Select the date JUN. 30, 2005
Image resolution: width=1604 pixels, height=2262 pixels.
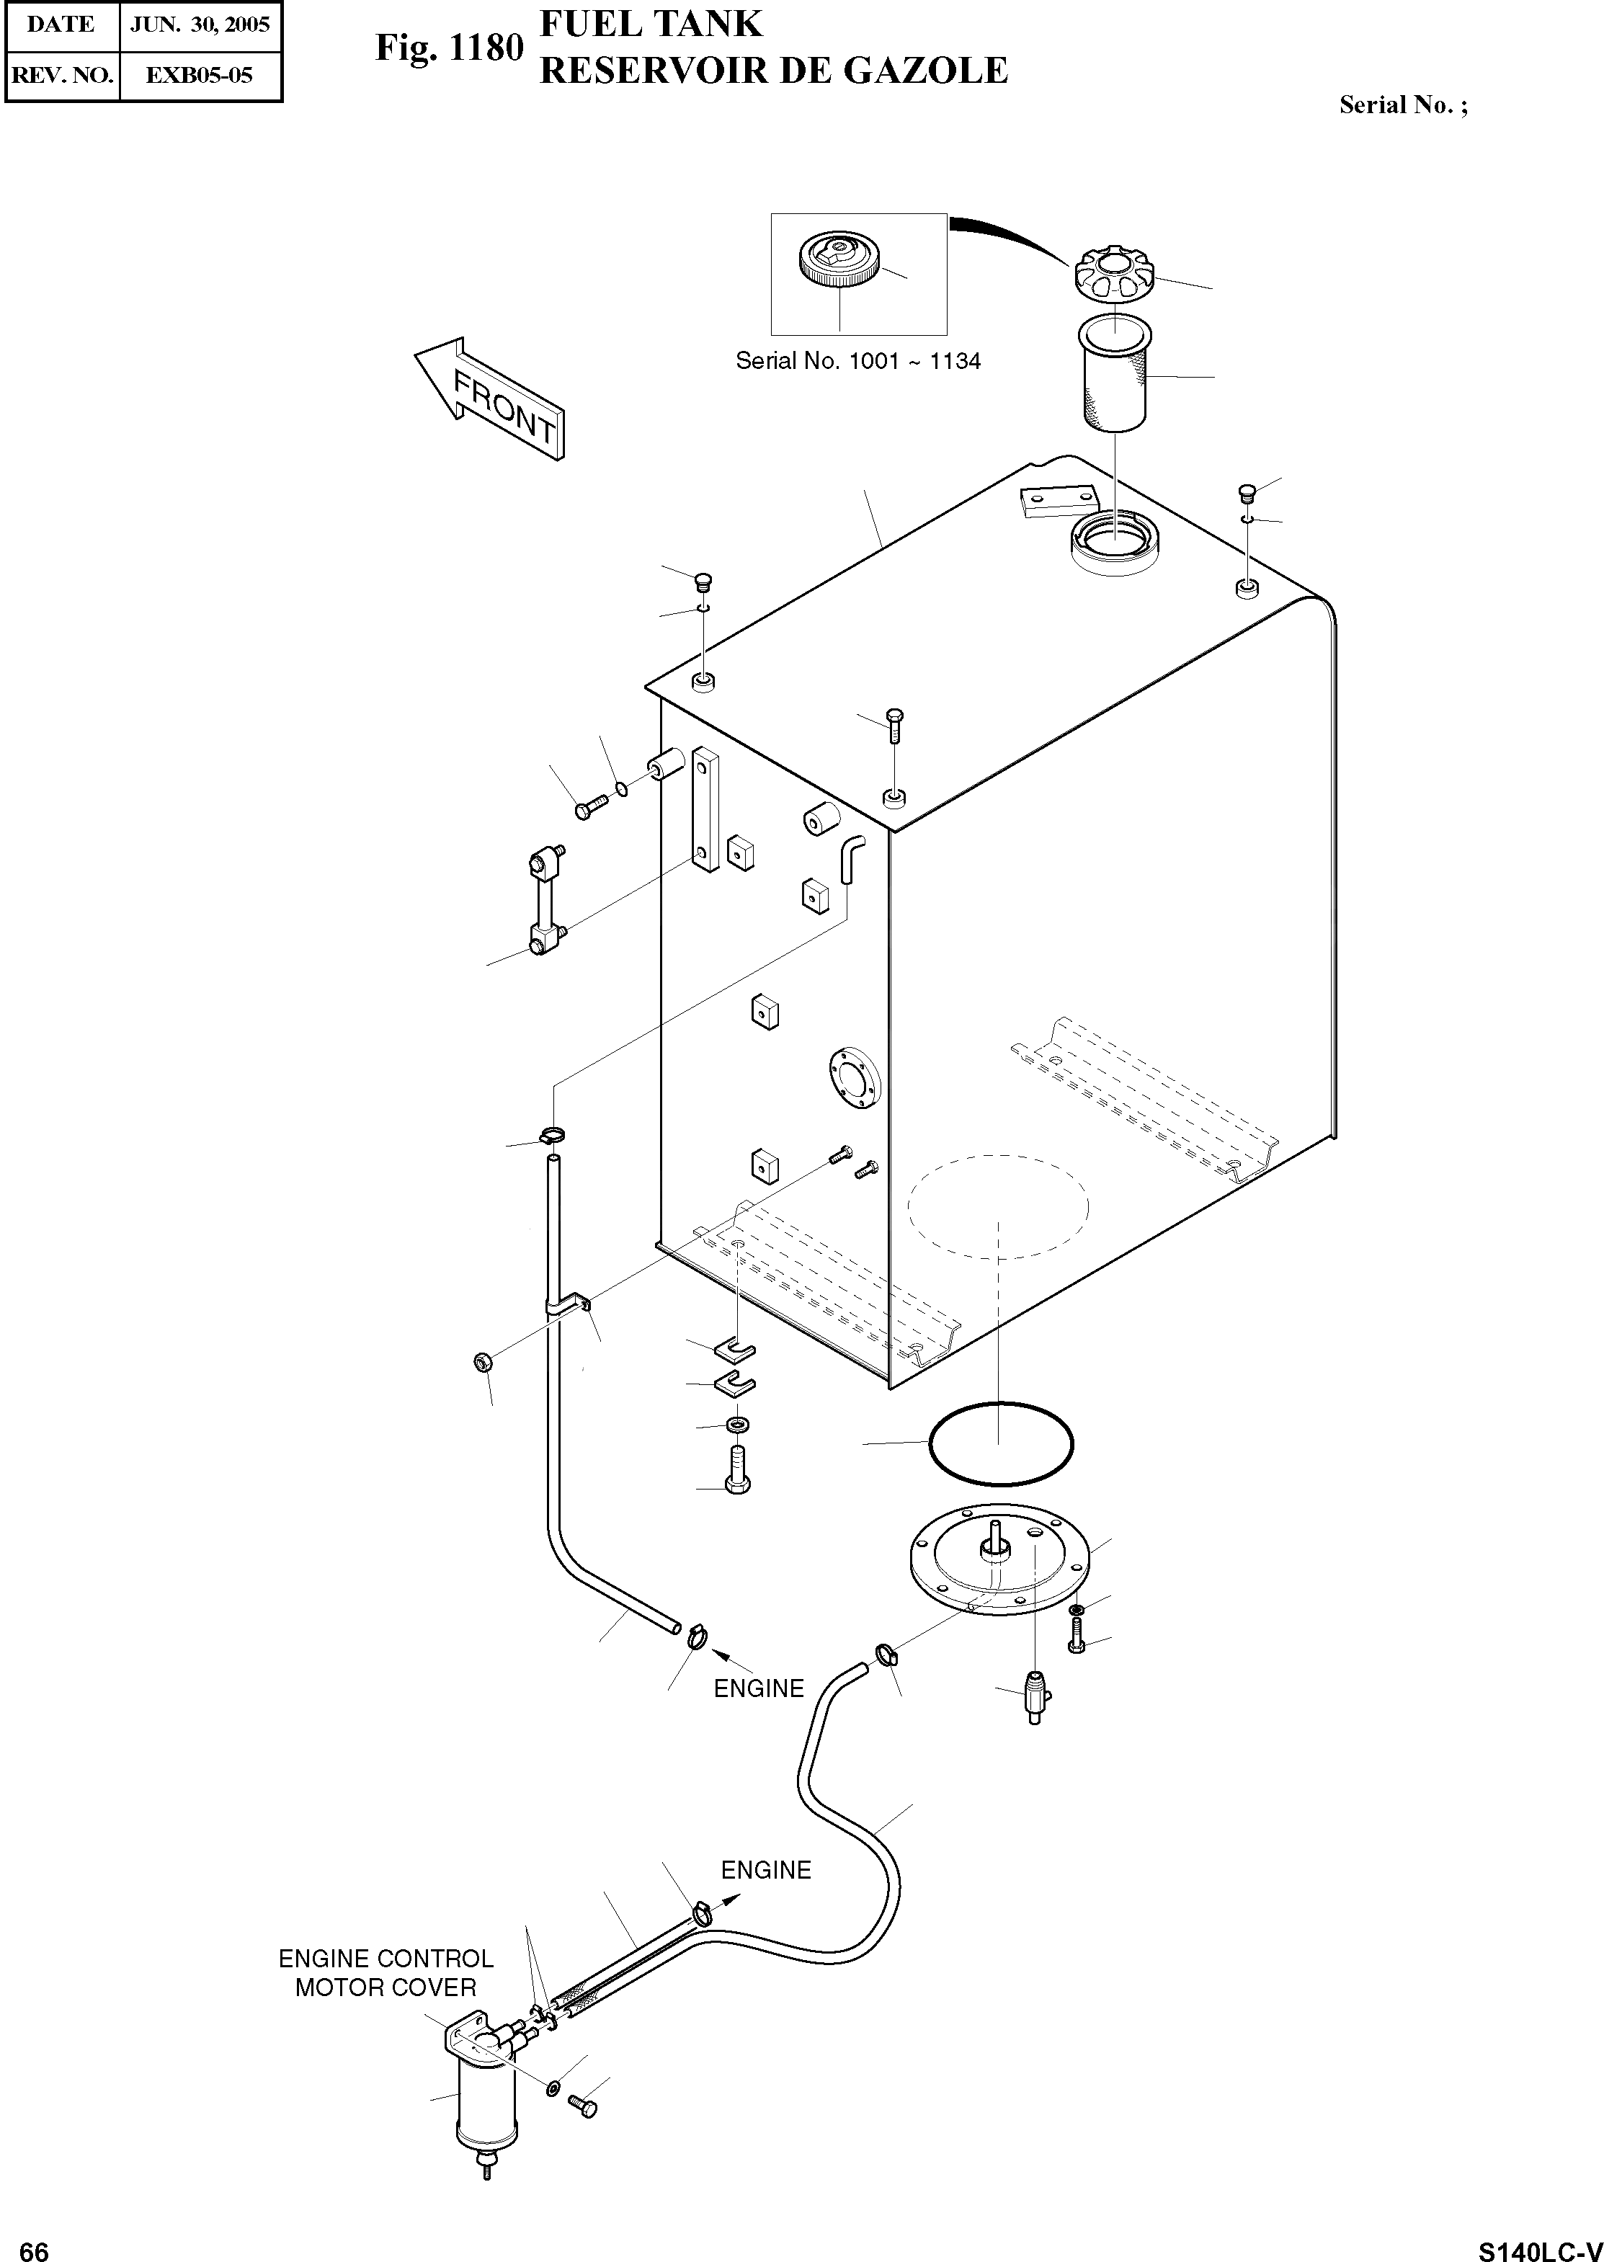(x=200, y=25)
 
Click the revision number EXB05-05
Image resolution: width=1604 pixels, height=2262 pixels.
(x=200, y=75)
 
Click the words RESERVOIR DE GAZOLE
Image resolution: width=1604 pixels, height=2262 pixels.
(x=773, y=71)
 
